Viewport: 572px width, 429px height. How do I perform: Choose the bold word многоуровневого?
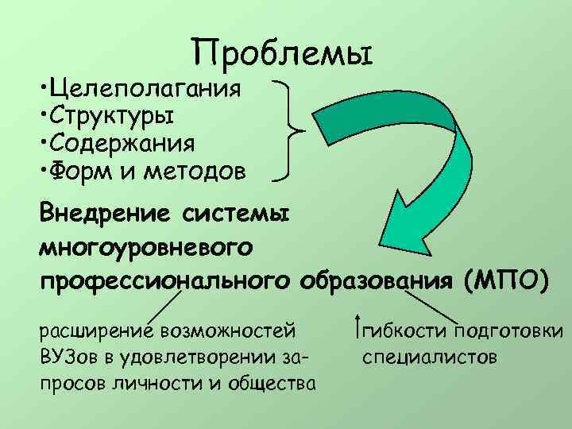point(147,247)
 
